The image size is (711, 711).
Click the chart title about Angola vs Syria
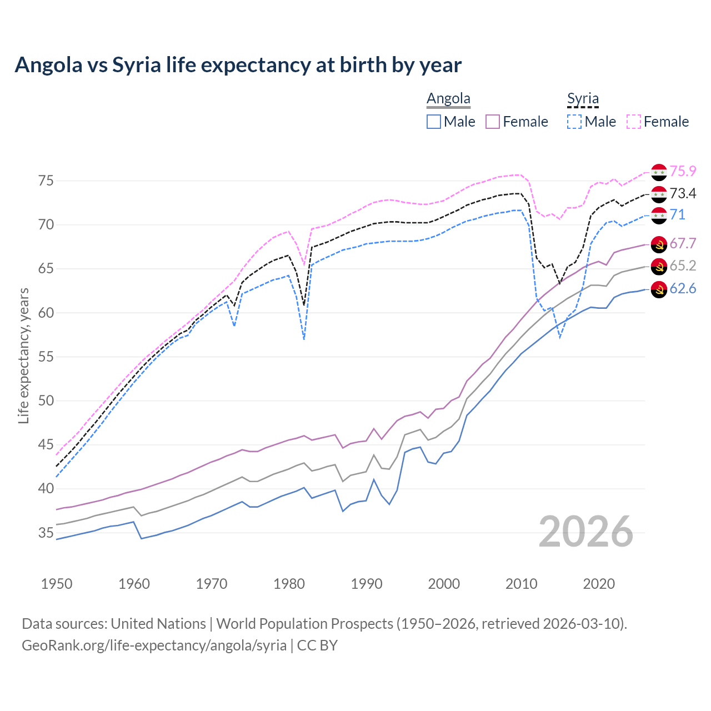238,65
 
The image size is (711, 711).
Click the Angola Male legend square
434,122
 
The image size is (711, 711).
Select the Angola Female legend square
493,122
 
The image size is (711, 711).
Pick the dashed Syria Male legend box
574,122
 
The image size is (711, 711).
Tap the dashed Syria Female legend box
634,122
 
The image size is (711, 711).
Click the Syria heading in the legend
583,99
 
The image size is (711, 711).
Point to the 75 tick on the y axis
46,181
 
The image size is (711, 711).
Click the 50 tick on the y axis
46,401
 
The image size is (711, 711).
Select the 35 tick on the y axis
46,533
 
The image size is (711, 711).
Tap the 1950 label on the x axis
57,584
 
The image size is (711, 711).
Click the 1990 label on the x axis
367,584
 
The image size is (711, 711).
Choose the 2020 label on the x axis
599,584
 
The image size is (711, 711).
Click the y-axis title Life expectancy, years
23,355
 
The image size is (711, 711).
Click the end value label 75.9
683,172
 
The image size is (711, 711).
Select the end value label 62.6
683,289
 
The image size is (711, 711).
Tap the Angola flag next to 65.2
659,266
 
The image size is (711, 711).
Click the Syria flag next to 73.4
659,194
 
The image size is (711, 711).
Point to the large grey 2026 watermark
586,532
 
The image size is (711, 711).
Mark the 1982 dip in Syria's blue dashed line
304,338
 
